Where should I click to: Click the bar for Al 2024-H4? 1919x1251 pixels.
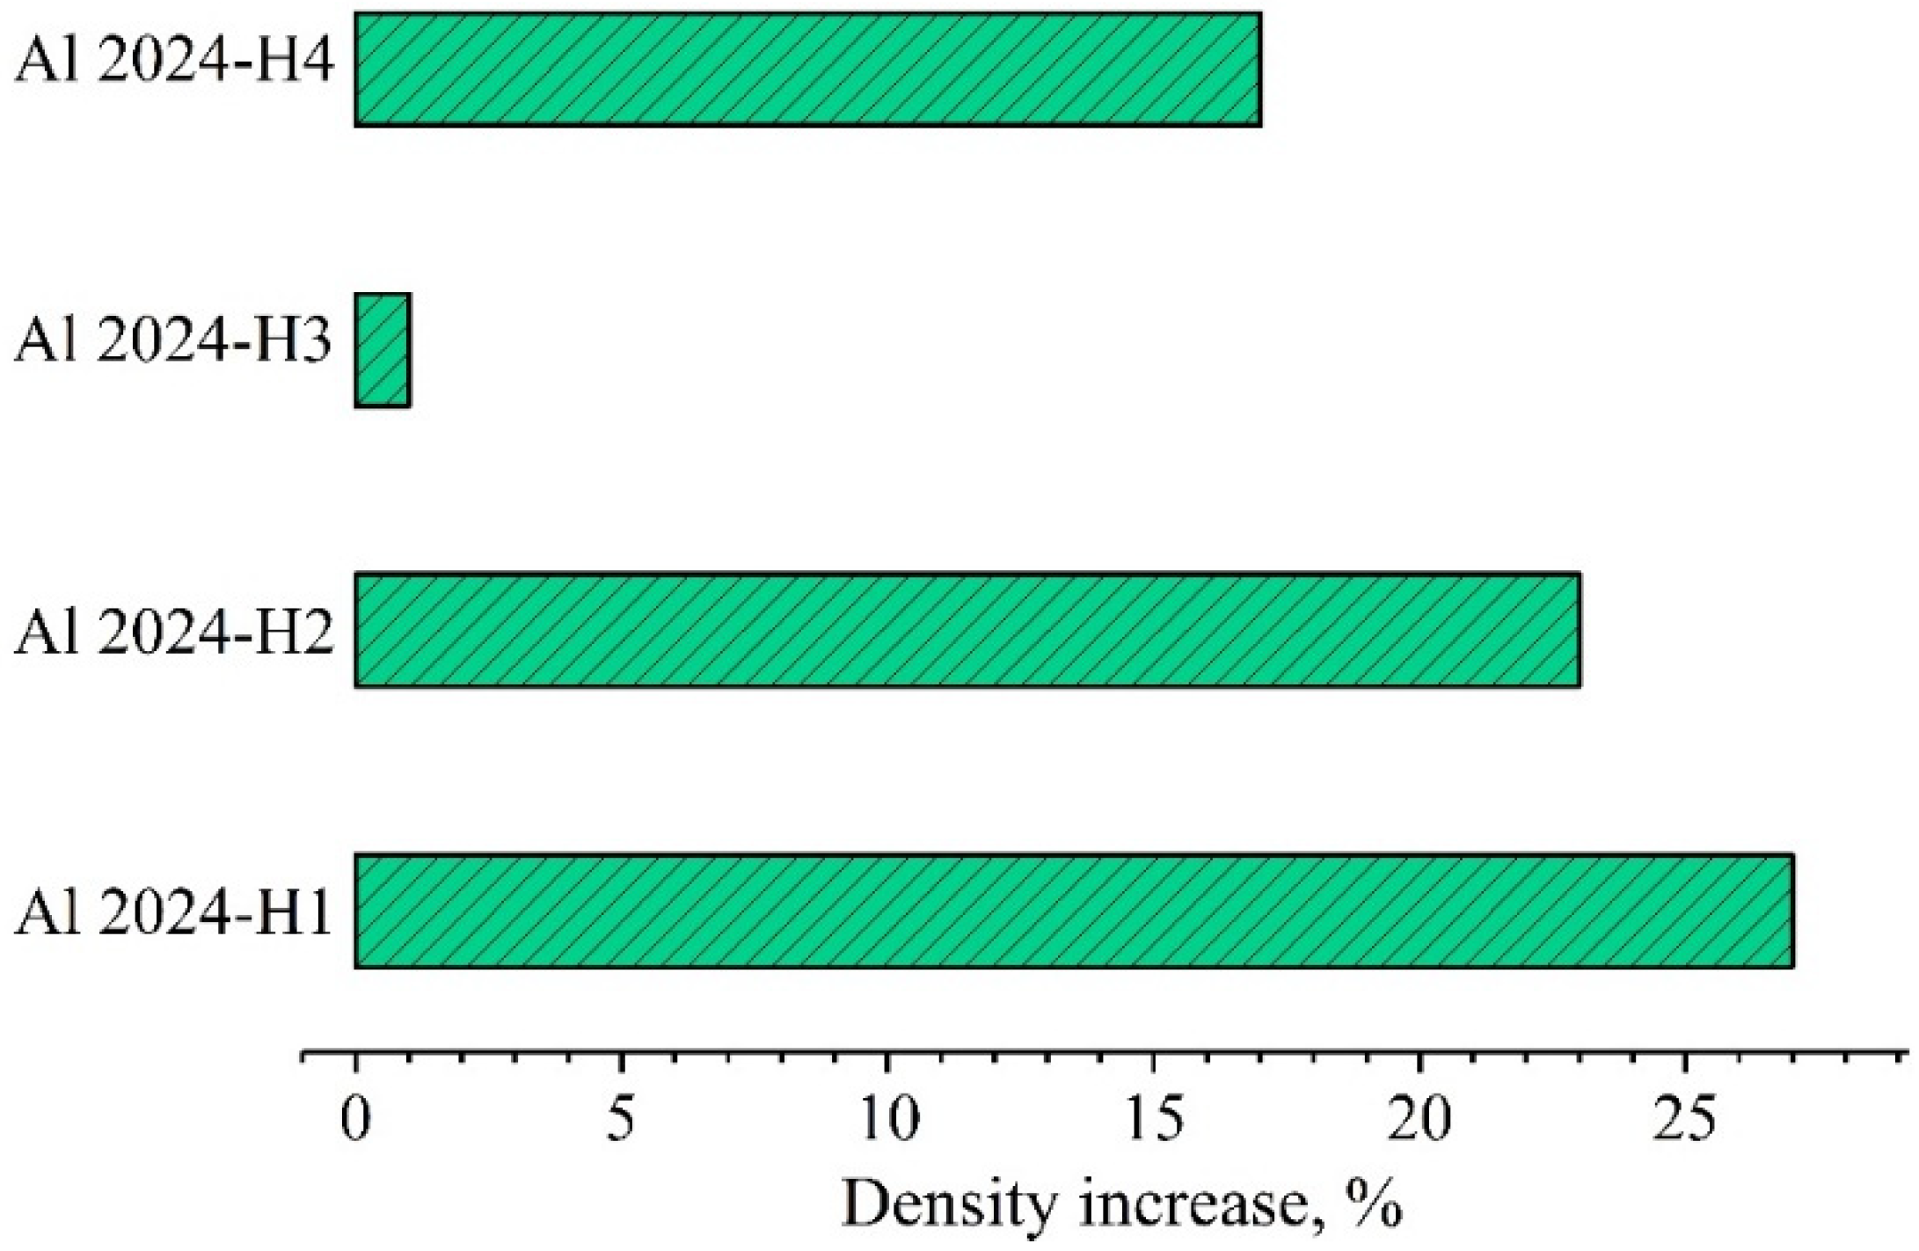[807, 69]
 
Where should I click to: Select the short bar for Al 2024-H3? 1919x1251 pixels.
[383, 350]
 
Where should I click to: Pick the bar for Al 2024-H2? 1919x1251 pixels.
[967, 630]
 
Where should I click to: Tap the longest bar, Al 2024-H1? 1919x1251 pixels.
[1073, 911]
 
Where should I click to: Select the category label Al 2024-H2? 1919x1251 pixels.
[174, 633]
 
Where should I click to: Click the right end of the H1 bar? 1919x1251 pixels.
[1791, 911]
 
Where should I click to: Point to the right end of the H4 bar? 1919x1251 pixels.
[1259, 69]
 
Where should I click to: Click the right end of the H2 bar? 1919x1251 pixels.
[1579, 630]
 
